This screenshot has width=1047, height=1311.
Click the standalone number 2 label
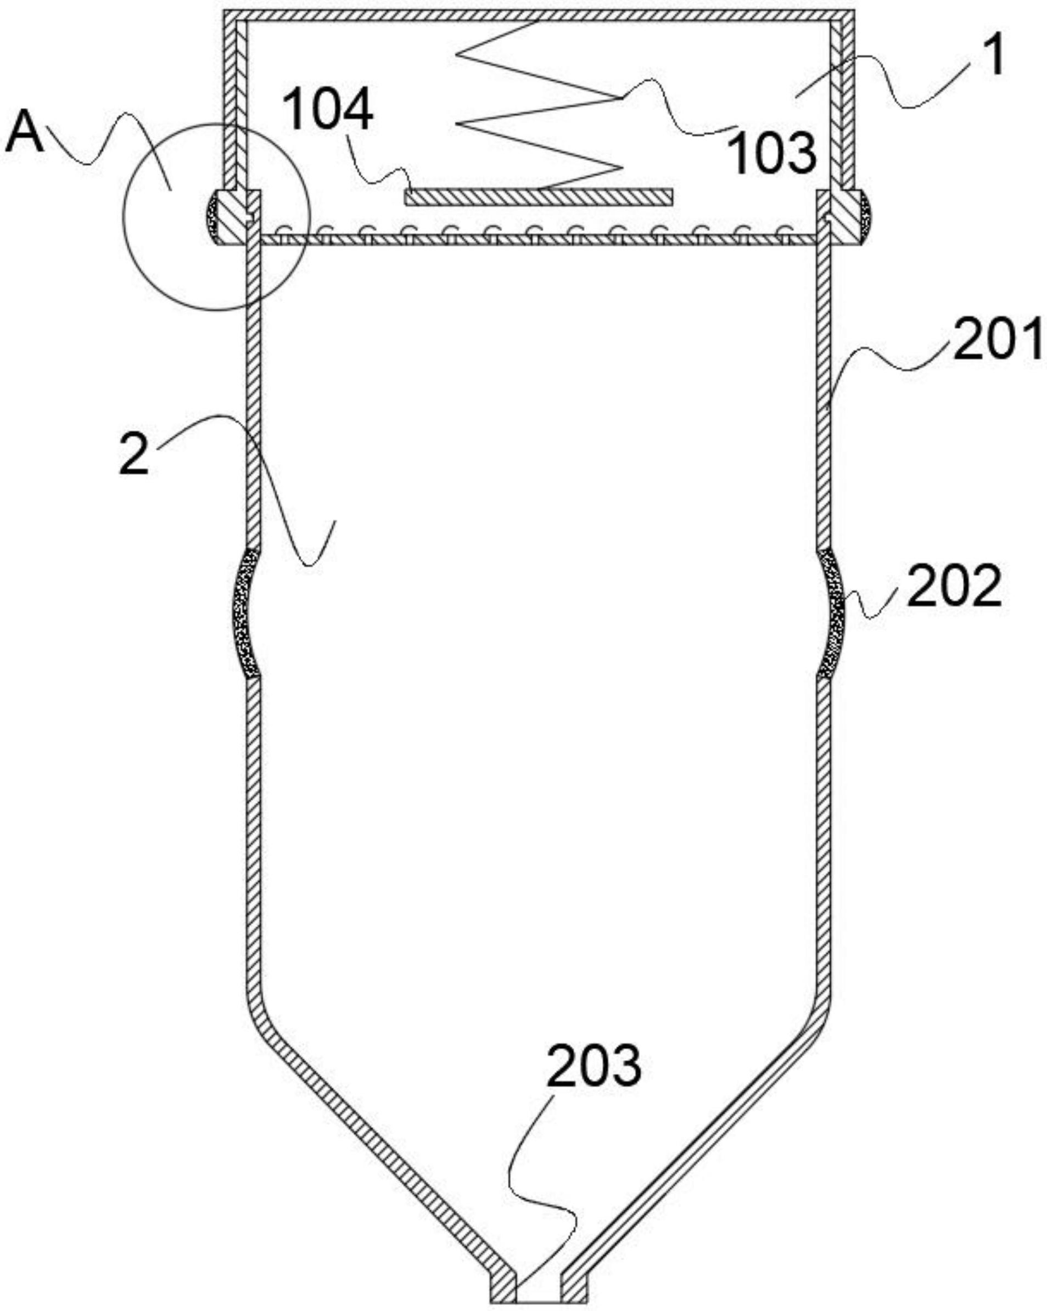(x=134, y=454)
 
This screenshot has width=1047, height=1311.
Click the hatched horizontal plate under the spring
(x=539, y=197)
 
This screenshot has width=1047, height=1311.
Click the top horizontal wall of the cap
(x=539, y=15)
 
